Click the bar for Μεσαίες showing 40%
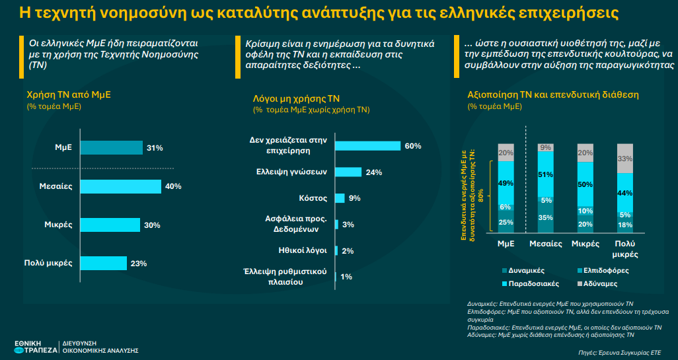[120, 187]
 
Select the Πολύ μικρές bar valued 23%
[103, 264]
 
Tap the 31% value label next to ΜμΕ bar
[155, 148]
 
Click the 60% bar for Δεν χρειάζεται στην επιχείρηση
[367, 146]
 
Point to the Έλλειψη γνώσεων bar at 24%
[348, 172]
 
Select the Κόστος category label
[314, 198]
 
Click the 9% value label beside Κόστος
[355, 198]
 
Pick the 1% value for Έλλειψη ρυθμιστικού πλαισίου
[346, 277]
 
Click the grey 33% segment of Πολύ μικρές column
[624, 159]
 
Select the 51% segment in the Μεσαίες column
[546, 174]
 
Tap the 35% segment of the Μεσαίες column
[546, 218]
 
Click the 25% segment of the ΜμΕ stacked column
[506, 222]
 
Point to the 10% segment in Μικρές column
[585, 211]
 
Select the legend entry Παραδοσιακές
[532, 283]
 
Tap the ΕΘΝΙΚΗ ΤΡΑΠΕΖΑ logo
[36, 345]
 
